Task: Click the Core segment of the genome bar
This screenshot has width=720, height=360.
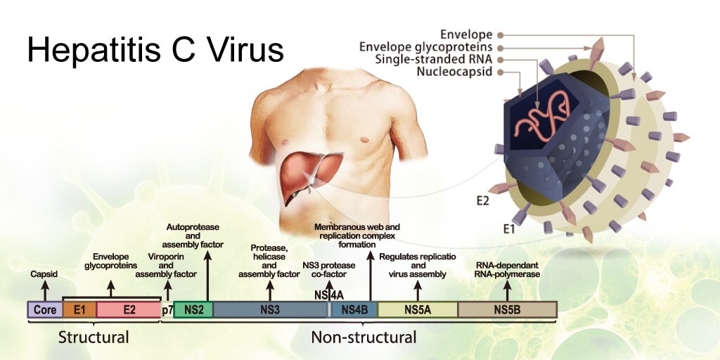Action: [45, 310]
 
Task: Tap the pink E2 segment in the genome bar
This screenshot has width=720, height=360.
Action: [129, 310]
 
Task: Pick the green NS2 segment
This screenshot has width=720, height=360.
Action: [193, 310]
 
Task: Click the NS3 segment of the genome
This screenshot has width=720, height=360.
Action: [271, 310]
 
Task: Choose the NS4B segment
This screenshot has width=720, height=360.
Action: [354, 310]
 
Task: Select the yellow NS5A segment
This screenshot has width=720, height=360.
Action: [418, 310]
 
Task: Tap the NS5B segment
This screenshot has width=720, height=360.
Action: [508, 310]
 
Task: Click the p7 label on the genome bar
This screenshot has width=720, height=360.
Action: [167, 310]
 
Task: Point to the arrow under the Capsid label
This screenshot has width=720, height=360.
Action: [44, 291]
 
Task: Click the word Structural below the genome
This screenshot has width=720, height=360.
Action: [94, 337]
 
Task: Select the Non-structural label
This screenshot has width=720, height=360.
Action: [364, 337]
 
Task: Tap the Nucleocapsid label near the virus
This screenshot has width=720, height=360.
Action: [454, 72]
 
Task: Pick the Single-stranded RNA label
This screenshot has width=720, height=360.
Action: [433, 59]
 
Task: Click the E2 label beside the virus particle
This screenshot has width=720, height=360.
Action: [482, 200]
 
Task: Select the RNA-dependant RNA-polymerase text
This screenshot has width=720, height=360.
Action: [508, 270]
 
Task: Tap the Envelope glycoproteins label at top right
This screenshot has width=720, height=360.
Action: [425, 47]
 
